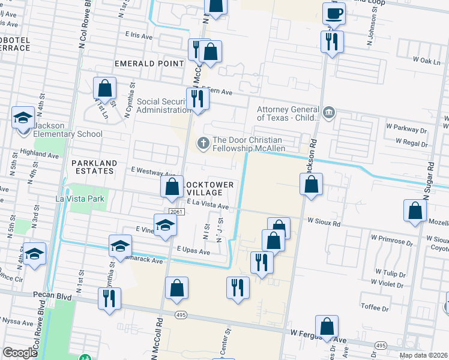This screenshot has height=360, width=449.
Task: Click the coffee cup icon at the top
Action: (x=334, y=13)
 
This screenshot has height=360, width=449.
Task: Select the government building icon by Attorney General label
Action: (x=329, y=112)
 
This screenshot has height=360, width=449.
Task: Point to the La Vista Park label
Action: (x=80, y=199)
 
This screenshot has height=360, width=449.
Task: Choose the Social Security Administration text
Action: (x=164, y=106)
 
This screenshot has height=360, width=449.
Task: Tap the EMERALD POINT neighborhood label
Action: (x=149, y=63)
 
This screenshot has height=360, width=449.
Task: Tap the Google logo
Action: (x=20, y=353)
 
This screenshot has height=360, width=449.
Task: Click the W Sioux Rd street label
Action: (x=324, y=222)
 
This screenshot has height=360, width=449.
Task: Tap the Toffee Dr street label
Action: (x=376, y=307)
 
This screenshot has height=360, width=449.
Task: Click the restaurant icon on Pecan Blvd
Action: (x=109, y=298)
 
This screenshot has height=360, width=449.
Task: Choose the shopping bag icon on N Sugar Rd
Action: (x=415, y=211)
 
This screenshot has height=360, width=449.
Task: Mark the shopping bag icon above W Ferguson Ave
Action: (x=327, y=326)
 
